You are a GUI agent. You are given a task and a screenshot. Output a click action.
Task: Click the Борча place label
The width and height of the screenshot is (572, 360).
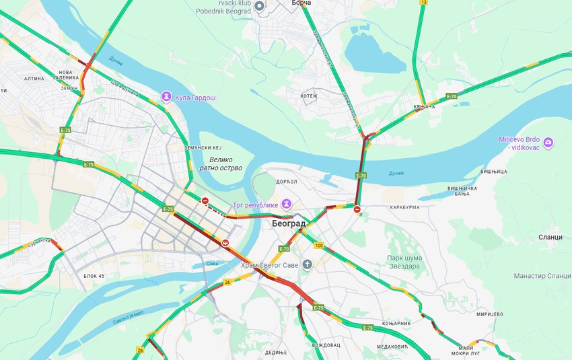pyautogui.click(x=301, y=3)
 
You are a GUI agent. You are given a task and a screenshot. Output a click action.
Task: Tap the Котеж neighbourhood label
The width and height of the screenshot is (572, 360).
pyautogui.click(x=309, y=96)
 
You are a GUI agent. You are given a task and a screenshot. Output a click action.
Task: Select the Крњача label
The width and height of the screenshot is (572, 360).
pyautogui.click(x=425, y=107)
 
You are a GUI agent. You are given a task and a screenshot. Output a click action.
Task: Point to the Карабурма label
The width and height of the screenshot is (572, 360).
pyautogui.click(x=404, y=207)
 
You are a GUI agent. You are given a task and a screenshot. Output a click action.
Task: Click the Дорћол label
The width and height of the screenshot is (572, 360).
pyautogui.click(x=286, y=182)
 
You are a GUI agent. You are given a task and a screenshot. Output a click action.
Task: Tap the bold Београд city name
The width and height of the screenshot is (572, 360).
pyautogui.click(x=289, y=223)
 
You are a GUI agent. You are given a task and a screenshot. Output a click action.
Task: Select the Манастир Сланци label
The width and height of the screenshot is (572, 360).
pyautogui.click(x=542, y=277)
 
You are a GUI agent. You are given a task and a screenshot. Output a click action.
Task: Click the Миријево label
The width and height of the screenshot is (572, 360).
pyautogui.click(x=489, y=314)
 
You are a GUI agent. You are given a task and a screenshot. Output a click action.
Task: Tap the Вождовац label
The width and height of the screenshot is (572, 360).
pyautogui.click(x=326, y=345)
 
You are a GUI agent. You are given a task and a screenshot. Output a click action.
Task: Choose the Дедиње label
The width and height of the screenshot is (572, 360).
pyautogui.click(x=275, y=352)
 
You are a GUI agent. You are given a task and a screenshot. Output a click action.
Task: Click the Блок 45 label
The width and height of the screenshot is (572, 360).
pyautogui.click(x=94, y=276)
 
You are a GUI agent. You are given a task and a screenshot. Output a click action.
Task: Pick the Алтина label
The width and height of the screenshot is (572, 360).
pyautogui.click(x=34, y=78)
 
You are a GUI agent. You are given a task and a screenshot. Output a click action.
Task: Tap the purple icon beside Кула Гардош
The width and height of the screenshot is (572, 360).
pyautogui.click(x=166, y=98)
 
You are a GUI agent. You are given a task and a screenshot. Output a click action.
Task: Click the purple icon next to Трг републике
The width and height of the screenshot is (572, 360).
pyautogui.click(x=287, y=203)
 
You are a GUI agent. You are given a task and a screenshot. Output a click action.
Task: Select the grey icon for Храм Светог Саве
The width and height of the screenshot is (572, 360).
pyautogui.click(x=308, y=264)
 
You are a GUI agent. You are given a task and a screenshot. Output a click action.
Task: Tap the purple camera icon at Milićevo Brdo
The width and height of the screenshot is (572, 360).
pyautogui.click(x=548, y=143)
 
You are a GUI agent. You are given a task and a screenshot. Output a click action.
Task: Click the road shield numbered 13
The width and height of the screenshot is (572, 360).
pyautogui.click(x=423, y=3)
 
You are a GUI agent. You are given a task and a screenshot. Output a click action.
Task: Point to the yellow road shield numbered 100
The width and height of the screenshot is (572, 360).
pyautogui.click(x=319, y=246)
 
